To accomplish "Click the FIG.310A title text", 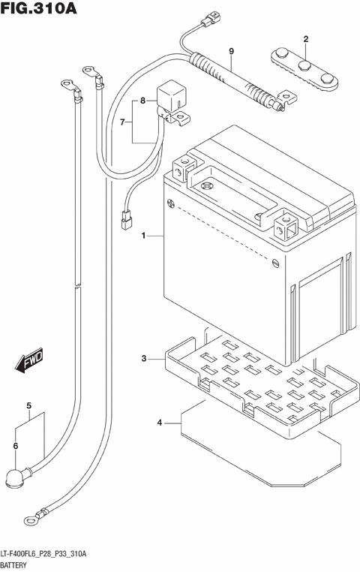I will pyautogui.click(x=39, y=11).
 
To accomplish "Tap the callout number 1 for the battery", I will pyautogui.click(x=142, y=236).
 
